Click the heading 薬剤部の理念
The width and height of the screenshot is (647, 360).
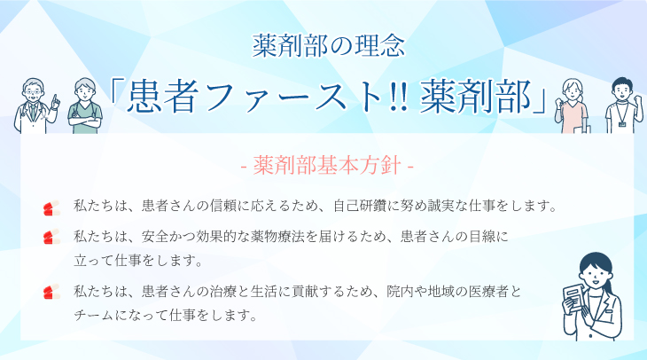click(329, 46)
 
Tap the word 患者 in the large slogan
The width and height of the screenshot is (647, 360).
click(161, 98)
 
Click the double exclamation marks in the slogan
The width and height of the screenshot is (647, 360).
click(399, 98)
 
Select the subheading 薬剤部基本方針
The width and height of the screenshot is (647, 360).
click(327, 166)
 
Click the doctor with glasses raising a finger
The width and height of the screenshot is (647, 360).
click(35, 106)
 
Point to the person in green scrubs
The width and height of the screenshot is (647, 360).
click(84, 106)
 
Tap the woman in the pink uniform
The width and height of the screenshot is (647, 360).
click(572, 106)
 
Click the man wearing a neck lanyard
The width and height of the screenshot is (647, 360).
click(623, 106)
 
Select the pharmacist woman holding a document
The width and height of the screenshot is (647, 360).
click(593, 296)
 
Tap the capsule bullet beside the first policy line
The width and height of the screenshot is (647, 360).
click(51, 207)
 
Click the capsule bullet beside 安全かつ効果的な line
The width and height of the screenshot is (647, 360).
click(51, 237)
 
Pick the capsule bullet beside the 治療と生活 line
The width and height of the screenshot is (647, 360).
click(51, 292)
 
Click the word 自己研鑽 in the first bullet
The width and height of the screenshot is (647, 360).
click(360, 206)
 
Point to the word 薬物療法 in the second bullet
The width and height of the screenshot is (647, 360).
click(278, 237)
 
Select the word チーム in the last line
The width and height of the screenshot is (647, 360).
click(94, 316)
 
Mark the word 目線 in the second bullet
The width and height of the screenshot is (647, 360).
click(482, 237)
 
